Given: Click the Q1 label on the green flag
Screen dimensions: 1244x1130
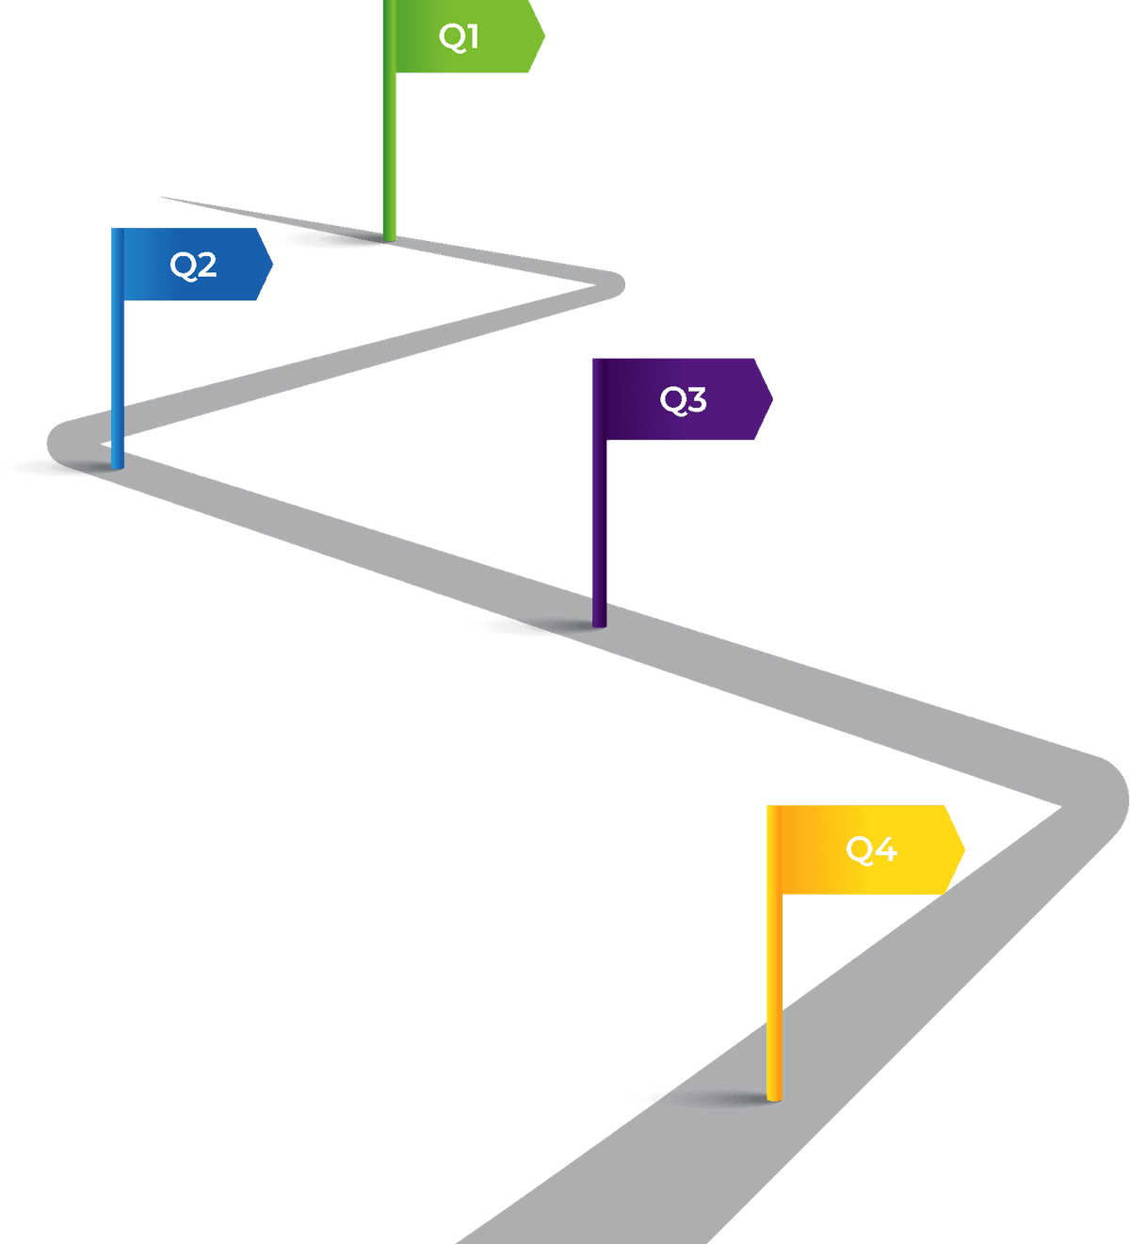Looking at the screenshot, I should click(x=459, y=37).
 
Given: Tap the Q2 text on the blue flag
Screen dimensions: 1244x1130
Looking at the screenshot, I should click(x=193, y=265).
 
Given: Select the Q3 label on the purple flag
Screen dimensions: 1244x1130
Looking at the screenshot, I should click(x=683, y=399).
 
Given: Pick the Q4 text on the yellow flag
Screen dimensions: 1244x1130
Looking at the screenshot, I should click(x=871, y=849).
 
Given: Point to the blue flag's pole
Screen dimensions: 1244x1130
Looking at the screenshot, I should click(x=117, y=377).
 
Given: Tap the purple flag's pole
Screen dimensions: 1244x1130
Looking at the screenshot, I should click(x=599, y=527).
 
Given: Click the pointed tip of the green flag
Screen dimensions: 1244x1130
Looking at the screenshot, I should click(x=543, y=37).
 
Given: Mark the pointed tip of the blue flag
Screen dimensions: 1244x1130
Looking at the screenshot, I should click(x=271, y=265).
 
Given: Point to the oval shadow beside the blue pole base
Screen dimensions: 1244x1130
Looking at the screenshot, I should click(x=47, y=467).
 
